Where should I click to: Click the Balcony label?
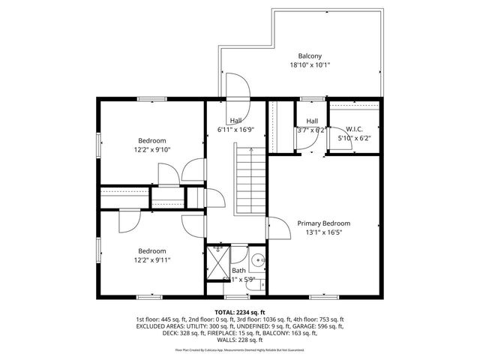coord(310,56)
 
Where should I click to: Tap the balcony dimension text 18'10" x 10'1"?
coord(310,66)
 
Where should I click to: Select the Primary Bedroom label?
coord(323,223)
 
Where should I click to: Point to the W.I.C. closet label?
coord(354,129)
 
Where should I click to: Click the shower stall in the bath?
coord(217,263)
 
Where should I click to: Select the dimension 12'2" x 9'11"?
coord(152,260)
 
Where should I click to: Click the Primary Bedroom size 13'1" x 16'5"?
coord(323,233)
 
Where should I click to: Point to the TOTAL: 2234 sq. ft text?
coord(240,312)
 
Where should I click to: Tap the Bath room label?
coord(238,271)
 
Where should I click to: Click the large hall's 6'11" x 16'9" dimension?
coord(235,130)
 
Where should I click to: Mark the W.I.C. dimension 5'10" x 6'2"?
coord(354,138)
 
